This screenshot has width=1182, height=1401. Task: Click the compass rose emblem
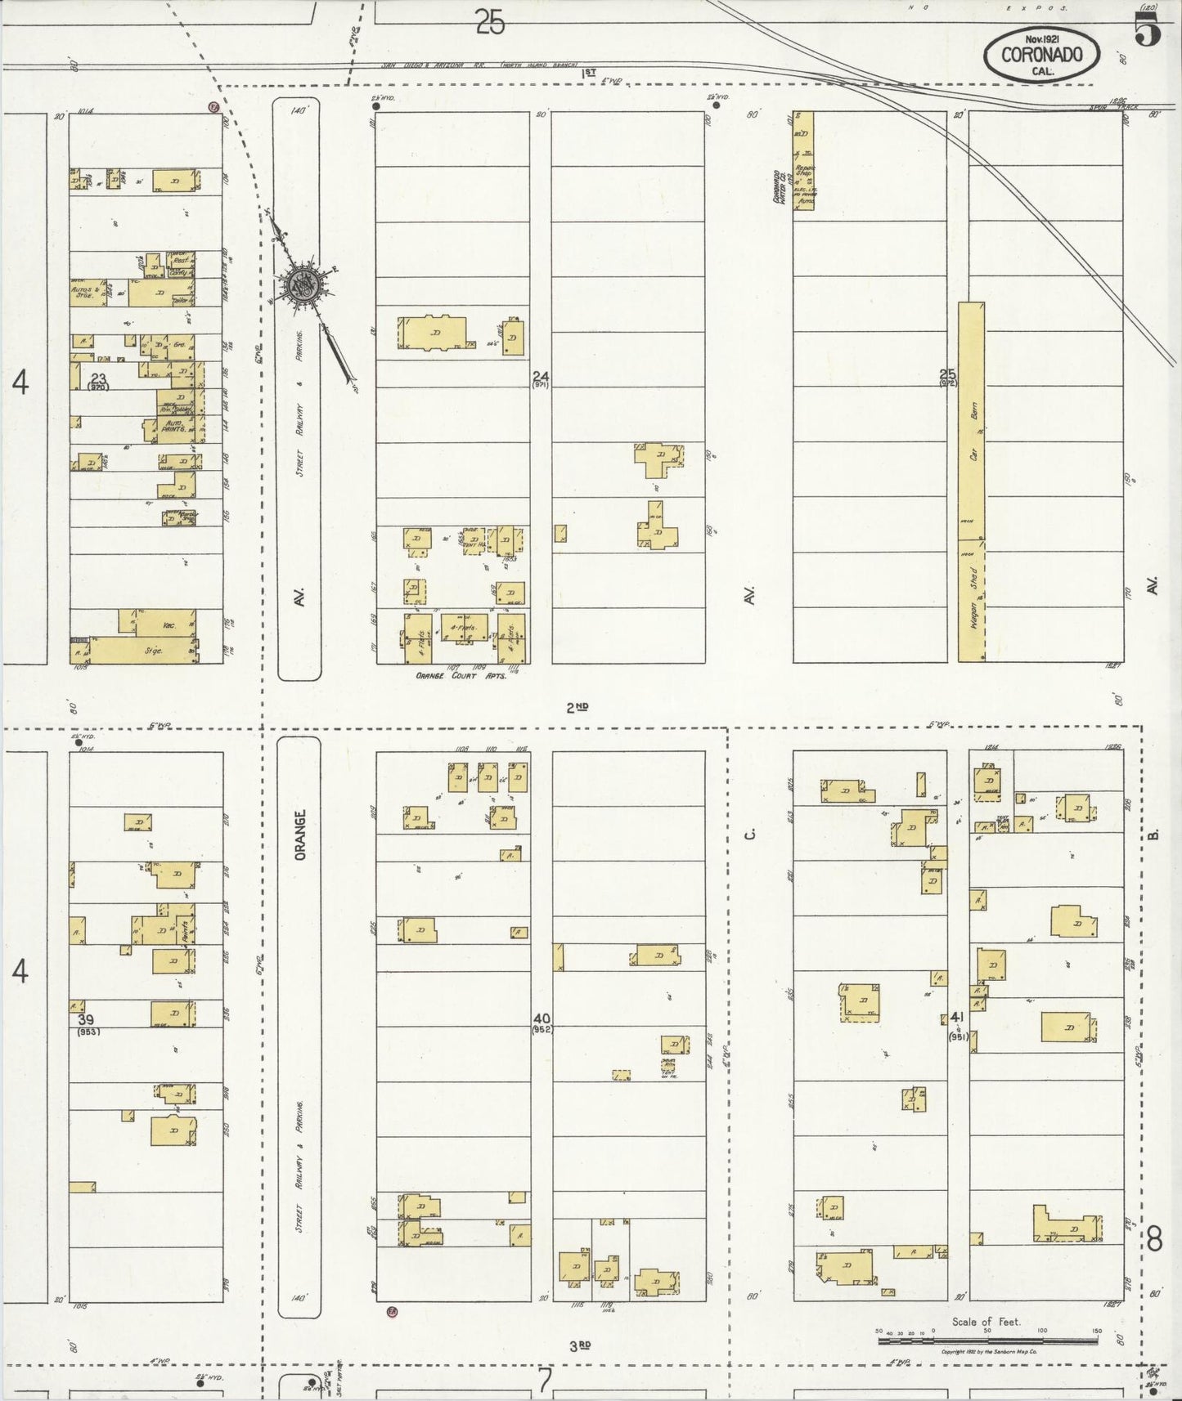(x=305, y=285)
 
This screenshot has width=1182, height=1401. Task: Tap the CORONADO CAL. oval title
(x=1042, y=56)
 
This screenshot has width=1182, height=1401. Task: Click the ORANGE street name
(x=300, y=835)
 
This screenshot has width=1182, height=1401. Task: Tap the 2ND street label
(x=578, y=707)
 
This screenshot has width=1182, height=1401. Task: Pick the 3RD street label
(x=579, y=1345)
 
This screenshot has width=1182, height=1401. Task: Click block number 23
(x=98, y=378)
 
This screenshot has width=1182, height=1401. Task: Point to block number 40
(x=542, y=1018)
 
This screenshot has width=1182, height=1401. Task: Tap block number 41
(x=957, y=1017)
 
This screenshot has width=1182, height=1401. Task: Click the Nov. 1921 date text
(x=1041, y=38)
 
